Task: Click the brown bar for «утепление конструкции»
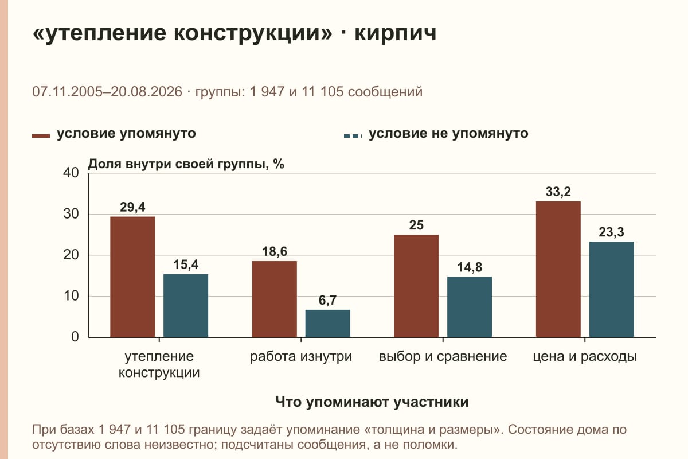[x=132, y=277]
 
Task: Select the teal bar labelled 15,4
[x=186, y=306]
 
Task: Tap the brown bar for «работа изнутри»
[x=274, y=299]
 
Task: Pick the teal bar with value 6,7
[x=327, y=324]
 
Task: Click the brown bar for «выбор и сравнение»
[x=416, y=286]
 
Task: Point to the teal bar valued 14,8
[x=470, y=307]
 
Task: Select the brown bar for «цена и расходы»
[x=558, y=269]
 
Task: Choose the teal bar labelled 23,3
[x=611, y=289]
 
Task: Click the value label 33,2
[x=558, y=192]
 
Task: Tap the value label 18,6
[x=274, y=252]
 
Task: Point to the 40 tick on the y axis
[x=71, y=173]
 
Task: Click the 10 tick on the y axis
[x=71, y=296]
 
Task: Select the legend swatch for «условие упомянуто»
[x=41, y=136]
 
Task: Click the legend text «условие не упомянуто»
[x=448, y=134]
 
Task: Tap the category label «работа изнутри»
[x=300, y=357]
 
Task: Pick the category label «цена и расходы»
[x=584, y=357]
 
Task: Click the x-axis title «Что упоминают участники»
[x=372, y=402]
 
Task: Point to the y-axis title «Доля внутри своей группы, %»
[x=186, y=164]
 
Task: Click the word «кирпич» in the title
[x=395, y=33]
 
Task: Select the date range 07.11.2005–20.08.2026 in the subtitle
[x=107, y=92]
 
